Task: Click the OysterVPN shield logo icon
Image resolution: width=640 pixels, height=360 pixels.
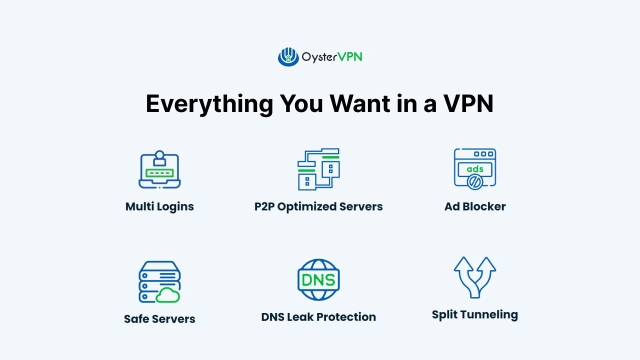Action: pos(288,57)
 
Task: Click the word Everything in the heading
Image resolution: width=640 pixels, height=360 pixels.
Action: pos(209,104)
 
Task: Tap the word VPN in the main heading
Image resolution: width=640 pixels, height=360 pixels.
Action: pos(468,104)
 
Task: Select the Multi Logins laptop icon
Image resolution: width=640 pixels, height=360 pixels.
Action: pos(159,169)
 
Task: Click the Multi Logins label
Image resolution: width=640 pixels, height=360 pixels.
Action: pos(159,206)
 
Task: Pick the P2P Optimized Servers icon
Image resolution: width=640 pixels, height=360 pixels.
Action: pos(318,169)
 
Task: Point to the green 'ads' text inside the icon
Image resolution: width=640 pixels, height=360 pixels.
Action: pos(475,168)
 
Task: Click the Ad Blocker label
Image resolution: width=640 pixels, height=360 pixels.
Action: pos(475,206)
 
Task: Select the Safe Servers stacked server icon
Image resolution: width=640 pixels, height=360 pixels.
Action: pos(159,281)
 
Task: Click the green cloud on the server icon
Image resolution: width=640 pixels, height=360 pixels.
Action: pos(168,295)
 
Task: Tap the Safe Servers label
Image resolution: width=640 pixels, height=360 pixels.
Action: pos(159,319)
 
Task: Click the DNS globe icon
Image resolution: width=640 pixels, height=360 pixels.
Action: pos(318,279)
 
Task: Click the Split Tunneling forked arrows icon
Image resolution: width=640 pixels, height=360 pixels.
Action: pos(475,276)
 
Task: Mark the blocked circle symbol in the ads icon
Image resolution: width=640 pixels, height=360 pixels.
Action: pos(474,182)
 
